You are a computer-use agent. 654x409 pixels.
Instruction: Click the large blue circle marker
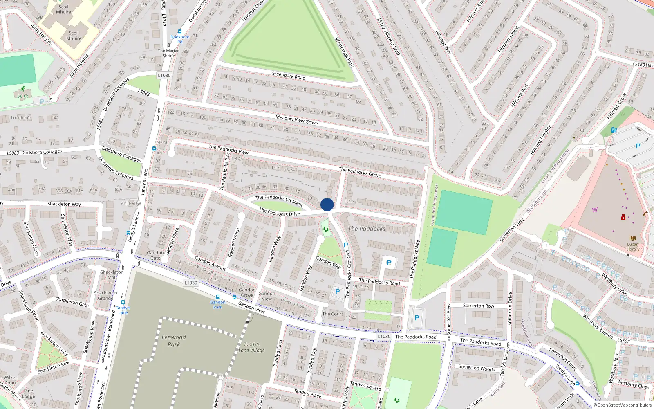coord(327,204)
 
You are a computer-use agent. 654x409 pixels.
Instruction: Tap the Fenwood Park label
coord(174,341)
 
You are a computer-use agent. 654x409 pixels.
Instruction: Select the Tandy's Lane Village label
coord(252,347)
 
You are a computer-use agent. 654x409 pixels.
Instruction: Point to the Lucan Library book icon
coord(633,238)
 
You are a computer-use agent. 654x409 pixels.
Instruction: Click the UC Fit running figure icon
coord(23,89)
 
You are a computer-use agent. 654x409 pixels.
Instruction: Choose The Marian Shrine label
coord(169,53)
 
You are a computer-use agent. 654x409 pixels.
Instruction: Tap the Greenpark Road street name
coord(288,76)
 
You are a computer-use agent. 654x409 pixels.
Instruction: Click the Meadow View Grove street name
coord(296,120)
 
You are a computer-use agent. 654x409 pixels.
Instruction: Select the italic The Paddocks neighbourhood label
coord(367,229)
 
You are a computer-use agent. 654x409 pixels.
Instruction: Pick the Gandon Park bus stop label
coord(218,305)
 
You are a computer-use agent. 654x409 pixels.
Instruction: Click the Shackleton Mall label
coord(112,274)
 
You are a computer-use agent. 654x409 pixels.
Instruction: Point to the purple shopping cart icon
coord(595,209)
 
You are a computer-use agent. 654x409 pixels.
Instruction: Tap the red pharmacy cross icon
coord(623,217)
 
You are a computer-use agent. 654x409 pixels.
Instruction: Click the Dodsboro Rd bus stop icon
coord(180,31)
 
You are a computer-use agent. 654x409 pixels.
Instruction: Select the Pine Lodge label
coord(28,393)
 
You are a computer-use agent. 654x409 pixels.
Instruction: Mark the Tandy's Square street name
coord(365,386)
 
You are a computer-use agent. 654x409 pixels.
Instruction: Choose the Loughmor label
coord(21,118)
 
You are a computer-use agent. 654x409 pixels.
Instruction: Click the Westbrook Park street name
coord(344,52)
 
